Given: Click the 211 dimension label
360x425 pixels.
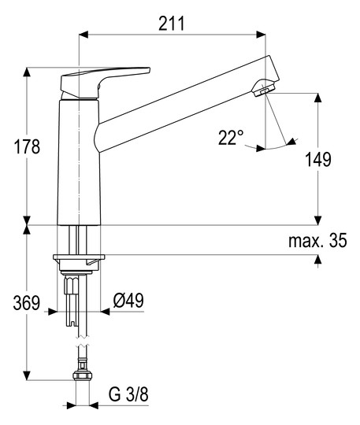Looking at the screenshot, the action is click(172, 24).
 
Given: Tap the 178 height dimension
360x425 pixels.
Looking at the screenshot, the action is click(27, 146).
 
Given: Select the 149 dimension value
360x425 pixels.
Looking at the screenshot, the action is click(318, 159).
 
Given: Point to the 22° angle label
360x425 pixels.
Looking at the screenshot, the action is click(231, 138).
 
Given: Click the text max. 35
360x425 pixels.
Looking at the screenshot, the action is click(317, 240).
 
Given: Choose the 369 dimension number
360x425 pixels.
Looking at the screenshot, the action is click(27, 303).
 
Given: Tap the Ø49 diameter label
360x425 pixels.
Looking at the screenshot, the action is click(128, 300).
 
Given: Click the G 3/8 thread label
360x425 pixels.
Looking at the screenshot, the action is click(128, 394).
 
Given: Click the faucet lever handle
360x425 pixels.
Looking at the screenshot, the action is click(106, 81).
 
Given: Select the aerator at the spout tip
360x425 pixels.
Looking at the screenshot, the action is click(263, 87).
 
